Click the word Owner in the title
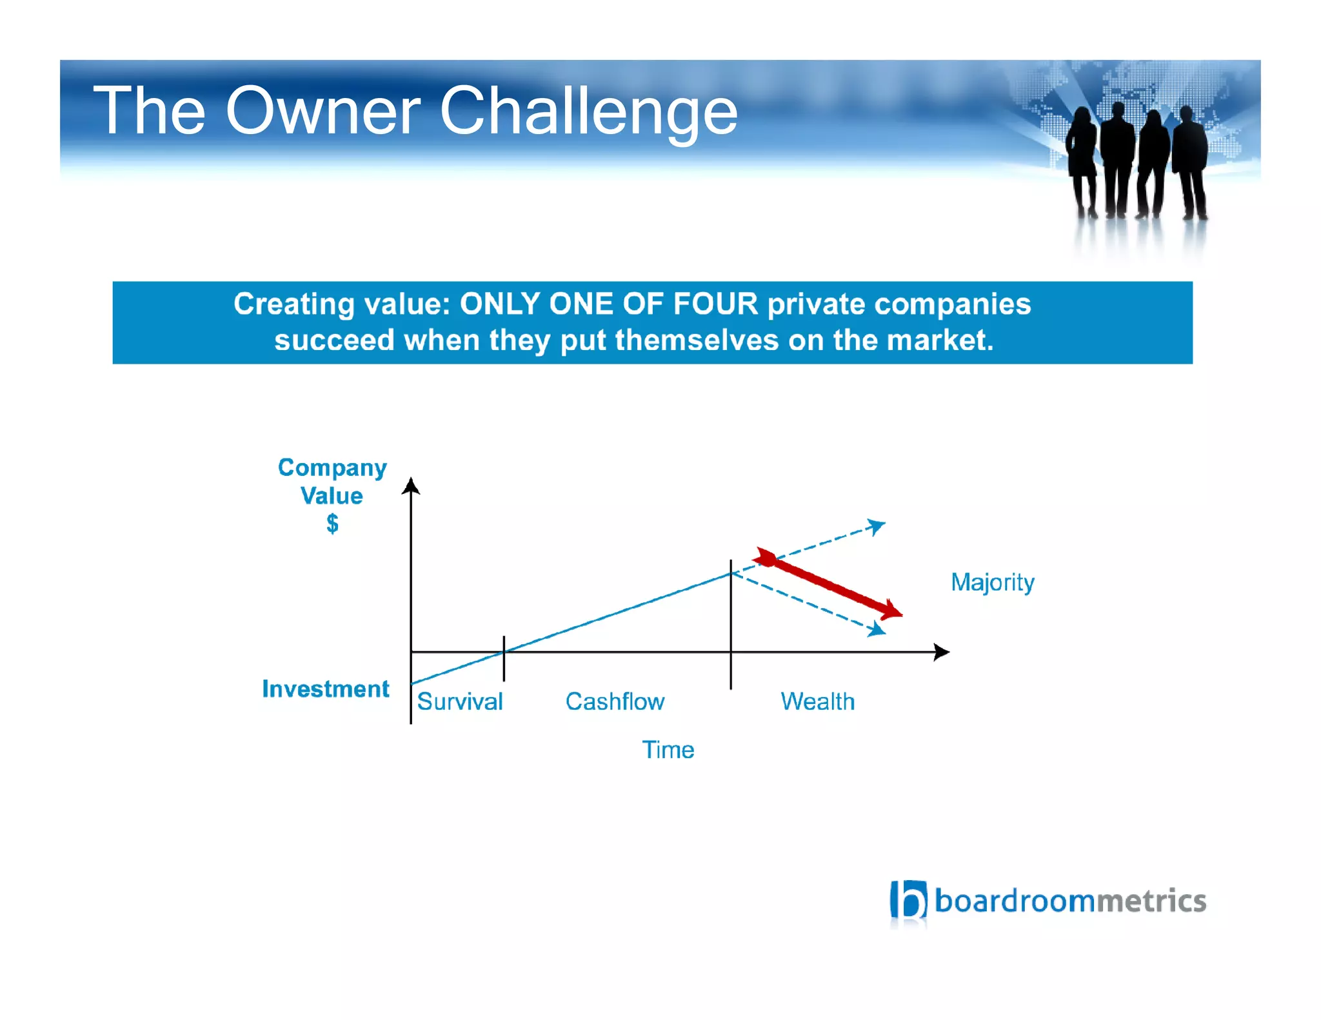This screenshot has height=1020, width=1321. click(x=323, y=111)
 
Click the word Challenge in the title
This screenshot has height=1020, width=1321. click(x=588, y=112)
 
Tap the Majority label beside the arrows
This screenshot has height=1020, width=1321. click(x=992, y=582)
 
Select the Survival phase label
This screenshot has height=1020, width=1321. click(x=459, y=701)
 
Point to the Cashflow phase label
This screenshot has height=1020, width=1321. click(x=615, y=701)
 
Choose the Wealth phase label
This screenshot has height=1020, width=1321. click(x=817, y=701)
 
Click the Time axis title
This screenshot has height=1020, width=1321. click(x=668, y=750)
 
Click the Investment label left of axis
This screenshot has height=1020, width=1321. click(x=326, y=689)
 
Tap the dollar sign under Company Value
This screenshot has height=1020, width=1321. click(x=332, y=524)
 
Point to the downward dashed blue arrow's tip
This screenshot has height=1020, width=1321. click(x=877, y=631)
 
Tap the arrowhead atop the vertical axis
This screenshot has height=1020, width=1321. click(x=411, y=486)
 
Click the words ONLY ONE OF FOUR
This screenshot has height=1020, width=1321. click(x=608, y=304)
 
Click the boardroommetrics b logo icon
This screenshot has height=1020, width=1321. click(x=908, y=899)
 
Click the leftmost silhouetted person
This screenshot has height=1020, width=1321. click(x=1082, y=161)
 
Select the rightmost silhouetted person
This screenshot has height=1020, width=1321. click(x=1190, y=161)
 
